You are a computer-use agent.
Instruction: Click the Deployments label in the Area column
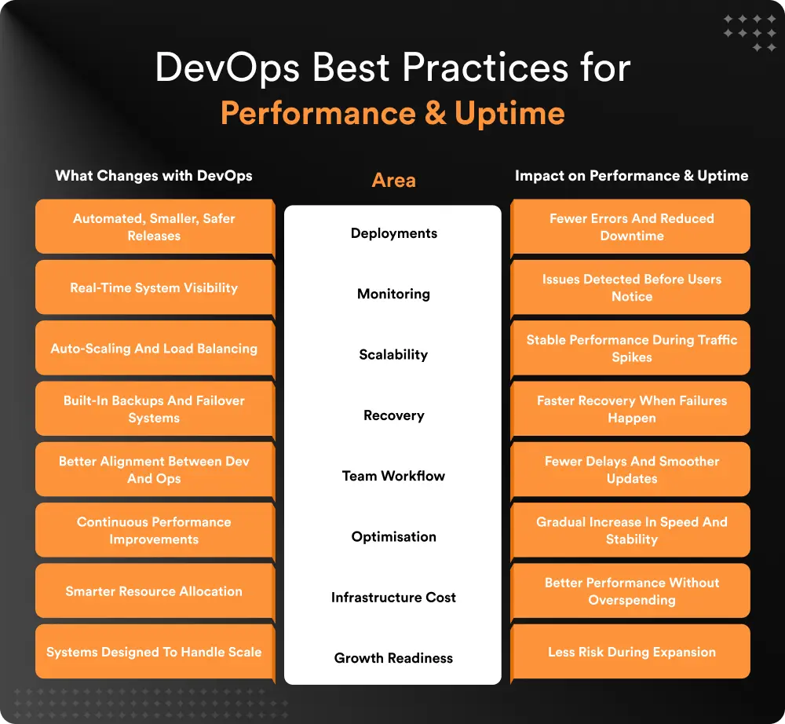pos(393,233)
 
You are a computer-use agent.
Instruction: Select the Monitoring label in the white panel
pos(393,294)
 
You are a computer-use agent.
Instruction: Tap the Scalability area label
pos(393,354)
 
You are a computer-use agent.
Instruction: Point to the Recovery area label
pos(393,415)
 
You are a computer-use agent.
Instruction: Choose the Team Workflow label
pos(393,476)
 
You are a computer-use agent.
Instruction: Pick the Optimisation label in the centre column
pos(393,537)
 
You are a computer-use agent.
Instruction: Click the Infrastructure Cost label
pos(393,598)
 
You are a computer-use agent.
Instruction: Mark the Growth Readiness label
pos(393,658)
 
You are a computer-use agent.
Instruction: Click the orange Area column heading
pos(393,181)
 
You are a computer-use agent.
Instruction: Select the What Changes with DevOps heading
pos(154,175)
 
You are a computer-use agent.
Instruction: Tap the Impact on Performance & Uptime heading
pos(631,175)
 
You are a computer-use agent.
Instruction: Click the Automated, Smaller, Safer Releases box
pos(154,227)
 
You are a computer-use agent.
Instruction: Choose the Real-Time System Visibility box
pos(154,287)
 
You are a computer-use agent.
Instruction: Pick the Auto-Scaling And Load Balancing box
pos(154,348)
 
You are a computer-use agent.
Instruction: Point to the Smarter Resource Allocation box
pos(154,591)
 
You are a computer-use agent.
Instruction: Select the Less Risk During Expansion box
pos(631,652)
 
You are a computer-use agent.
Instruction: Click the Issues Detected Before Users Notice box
pos(631,287)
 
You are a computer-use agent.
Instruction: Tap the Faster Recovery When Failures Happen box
pos(631,409)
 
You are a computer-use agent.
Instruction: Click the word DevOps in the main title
pos(226,68)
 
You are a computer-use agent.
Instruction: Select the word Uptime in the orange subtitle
pos(509,113)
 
